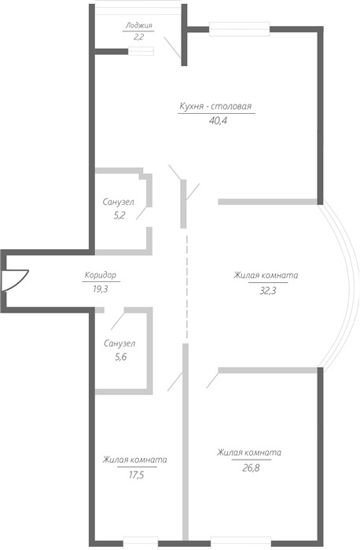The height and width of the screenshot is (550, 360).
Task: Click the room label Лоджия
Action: [139, 26]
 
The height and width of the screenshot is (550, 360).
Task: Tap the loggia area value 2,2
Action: [138, 36]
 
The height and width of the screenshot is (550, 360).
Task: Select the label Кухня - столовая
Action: [215, 106]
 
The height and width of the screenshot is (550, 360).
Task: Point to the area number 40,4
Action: [218, 121]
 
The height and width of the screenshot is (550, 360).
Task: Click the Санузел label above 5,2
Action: [118, 202]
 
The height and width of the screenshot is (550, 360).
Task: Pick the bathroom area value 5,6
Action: [121, 357]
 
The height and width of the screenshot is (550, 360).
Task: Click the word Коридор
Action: [101, 275]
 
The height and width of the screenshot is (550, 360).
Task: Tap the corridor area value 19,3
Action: [101, 289]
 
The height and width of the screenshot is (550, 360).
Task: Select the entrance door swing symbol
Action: [14, 280]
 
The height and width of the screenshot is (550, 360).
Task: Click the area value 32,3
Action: [268, 291]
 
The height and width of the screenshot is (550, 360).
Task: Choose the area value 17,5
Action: [136, 475]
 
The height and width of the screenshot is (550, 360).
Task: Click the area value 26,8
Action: [251, 468]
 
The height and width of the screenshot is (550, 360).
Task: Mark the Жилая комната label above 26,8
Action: [249, 453]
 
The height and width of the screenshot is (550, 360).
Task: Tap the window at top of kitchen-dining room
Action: [240, 29]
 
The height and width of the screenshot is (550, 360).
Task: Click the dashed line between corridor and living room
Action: [186, 287]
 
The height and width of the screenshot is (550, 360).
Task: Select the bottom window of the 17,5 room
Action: [141, 543]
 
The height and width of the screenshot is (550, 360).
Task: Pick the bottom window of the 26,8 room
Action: [241, 543]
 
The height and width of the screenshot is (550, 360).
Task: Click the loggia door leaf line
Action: [172, 47]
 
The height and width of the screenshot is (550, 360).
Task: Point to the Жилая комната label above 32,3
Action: [266, 275]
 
